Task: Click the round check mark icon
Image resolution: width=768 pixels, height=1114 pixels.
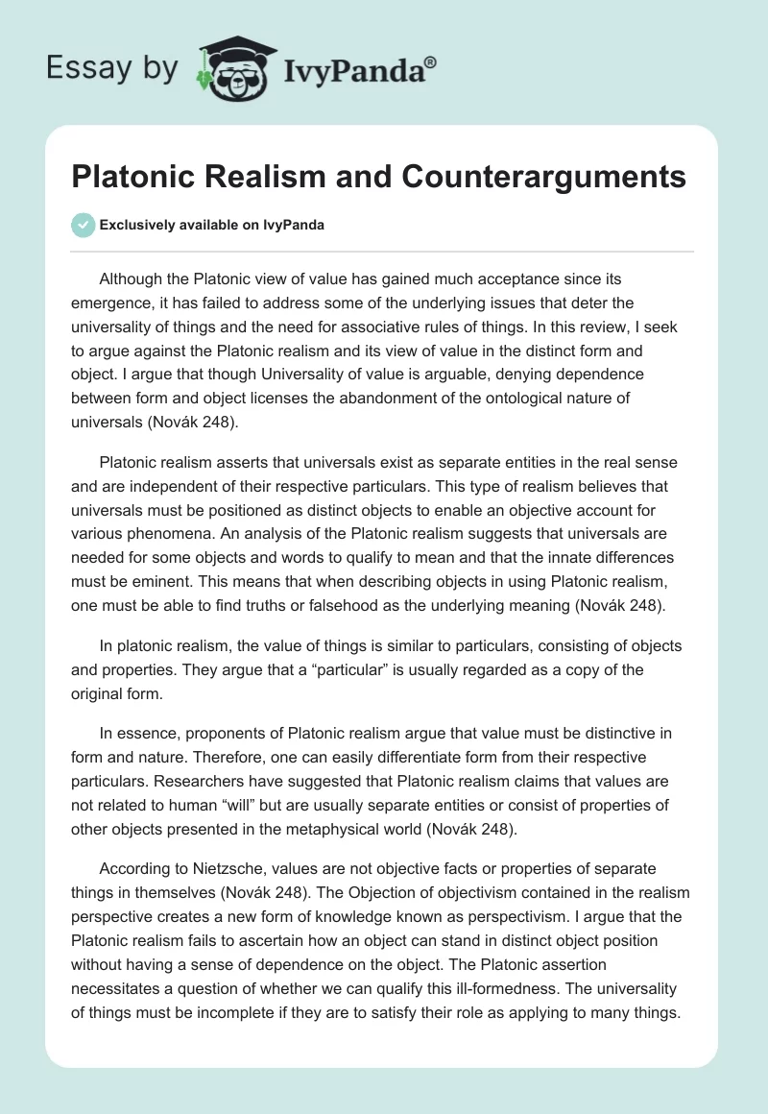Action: coord(83,225)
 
